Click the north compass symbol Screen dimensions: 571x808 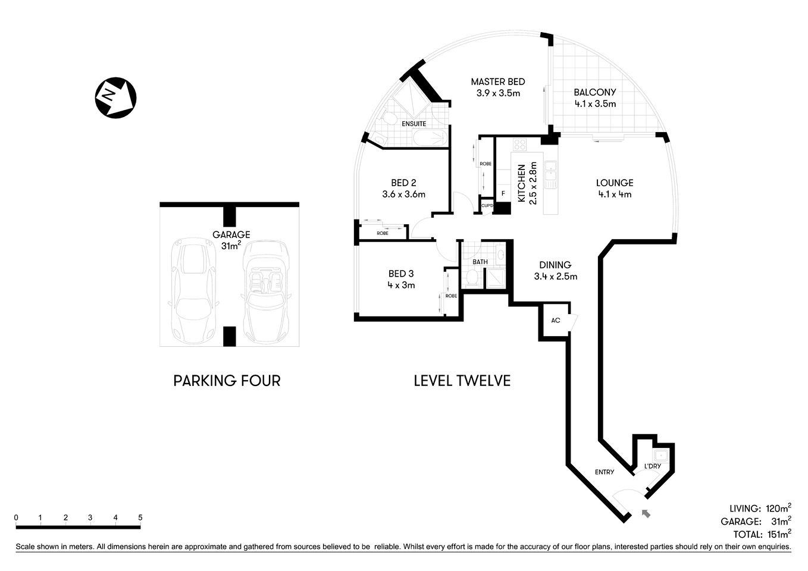coord(115,98)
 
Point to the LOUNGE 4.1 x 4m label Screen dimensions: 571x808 coord(615,188)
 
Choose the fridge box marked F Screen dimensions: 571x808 coord(503,193)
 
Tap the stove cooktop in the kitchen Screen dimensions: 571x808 coord(519,145)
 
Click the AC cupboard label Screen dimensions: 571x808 coord(555,321)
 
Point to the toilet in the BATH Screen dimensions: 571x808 coord(472,277)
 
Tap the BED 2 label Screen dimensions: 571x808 coord(403,188)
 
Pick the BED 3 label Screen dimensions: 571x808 coord(401,279)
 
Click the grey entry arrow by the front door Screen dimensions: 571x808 coord(646,514)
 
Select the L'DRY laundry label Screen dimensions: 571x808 coord(653,466)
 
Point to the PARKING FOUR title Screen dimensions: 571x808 coord(227,381)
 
